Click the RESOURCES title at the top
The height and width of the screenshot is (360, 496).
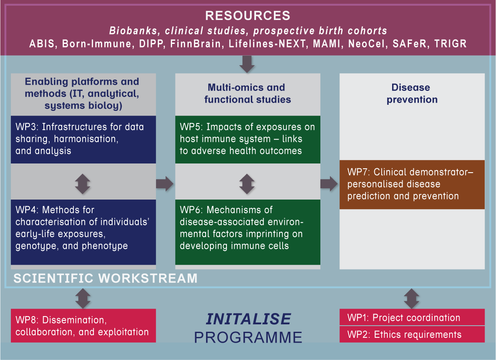click(x=247, y=16)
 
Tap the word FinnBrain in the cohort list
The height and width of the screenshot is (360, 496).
click(x=214, y=44)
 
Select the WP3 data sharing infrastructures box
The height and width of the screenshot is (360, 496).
click(x=83, y=139)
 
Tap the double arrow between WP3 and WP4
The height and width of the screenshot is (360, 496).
click(x=83, y=184)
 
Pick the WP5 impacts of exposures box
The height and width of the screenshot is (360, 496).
click(x=247, y=139)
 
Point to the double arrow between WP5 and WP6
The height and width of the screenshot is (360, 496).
click(x=247, y=184)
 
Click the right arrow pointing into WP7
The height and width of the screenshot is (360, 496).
click(x=329, y=184)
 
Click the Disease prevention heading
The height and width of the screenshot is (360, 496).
click(x=412, y=93)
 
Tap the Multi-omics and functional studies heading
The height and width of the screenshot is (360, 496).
click(x=247, y=93)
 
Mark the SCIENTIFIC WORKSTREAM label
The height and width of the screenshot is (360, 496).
click(x=106, y=278)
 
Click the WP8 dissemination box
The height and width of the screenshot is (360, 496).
click(x=83, y=326)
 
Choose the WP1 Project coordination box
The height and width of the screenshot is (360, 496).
click(x=412, y=317)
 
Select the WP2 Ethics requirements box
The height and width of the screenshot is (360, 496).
click(x=412, y=334)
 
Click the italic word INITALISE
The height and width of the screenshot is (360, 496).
click(x=248, y=319)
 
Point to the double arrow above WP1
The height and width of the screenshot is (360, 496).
click(x=411, y=299)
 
